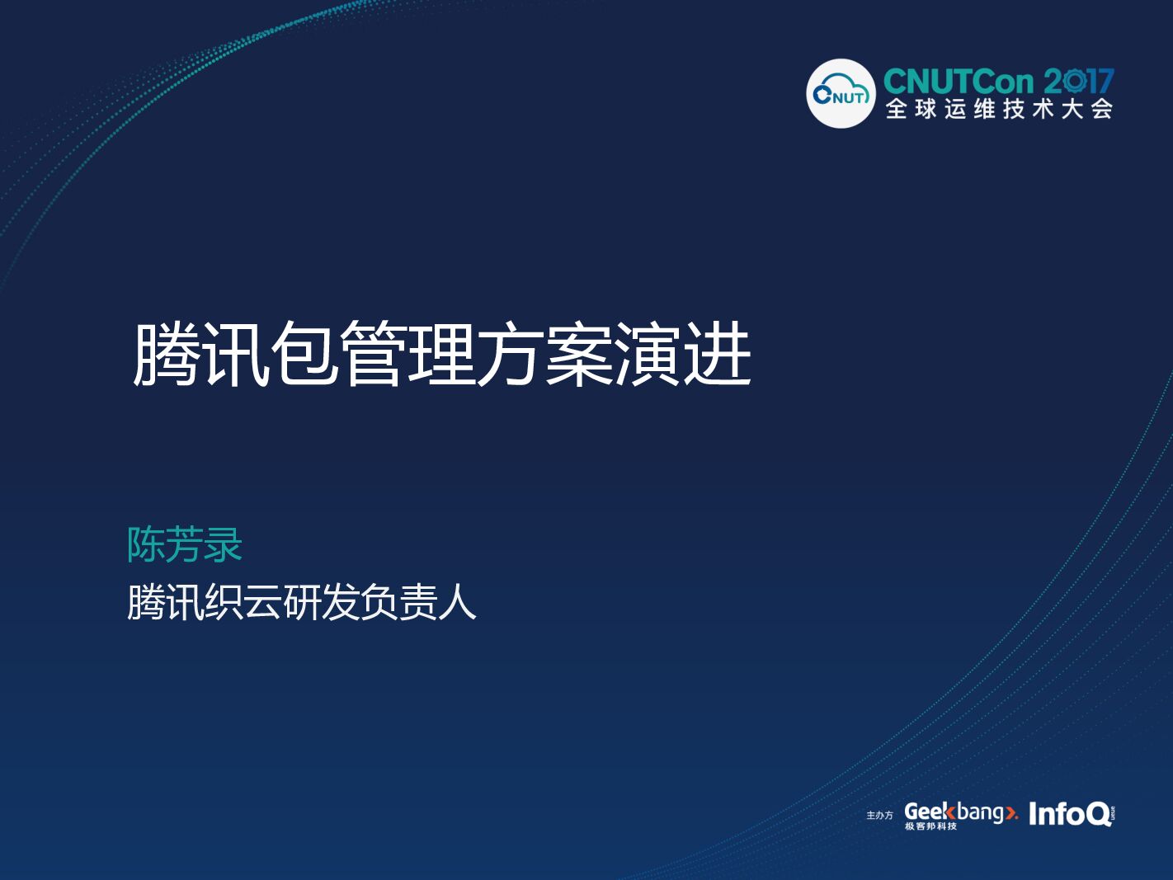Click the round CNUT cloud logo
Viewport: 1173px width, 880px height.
click(841, 94)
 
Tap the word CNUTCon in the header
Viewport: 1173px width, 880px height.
click(958, 82)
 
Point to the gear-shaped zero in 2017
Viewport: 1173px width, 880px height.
click(1074, 81)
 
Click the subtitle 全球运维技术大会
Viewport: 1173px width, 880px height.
click(999, 109)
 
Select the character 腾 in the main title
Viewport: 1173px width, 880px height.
click(167, 354)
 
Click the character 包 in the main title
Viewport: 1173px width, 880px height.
click(304, 354)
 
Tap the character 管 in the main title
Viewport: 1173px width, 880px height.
click(373, 354)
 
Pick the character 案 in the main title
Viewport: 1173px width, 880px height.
click(580, 354)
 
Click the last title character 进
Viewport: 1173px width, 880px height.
click(718, 354)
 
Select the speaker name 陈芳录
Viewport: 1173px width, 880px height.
click(185, 545)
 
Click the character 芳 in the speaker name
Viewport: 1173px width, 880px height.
click(185, 545)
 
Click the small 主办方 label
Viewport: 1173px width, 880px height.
click(879, 815)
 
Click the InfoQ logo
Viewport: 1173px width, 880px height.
click(1071, 814)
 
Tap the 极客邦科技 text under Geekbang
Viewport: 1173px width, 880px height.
click(930, 826)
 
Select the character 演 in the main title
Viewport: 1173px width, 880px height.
click(648, 354)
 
